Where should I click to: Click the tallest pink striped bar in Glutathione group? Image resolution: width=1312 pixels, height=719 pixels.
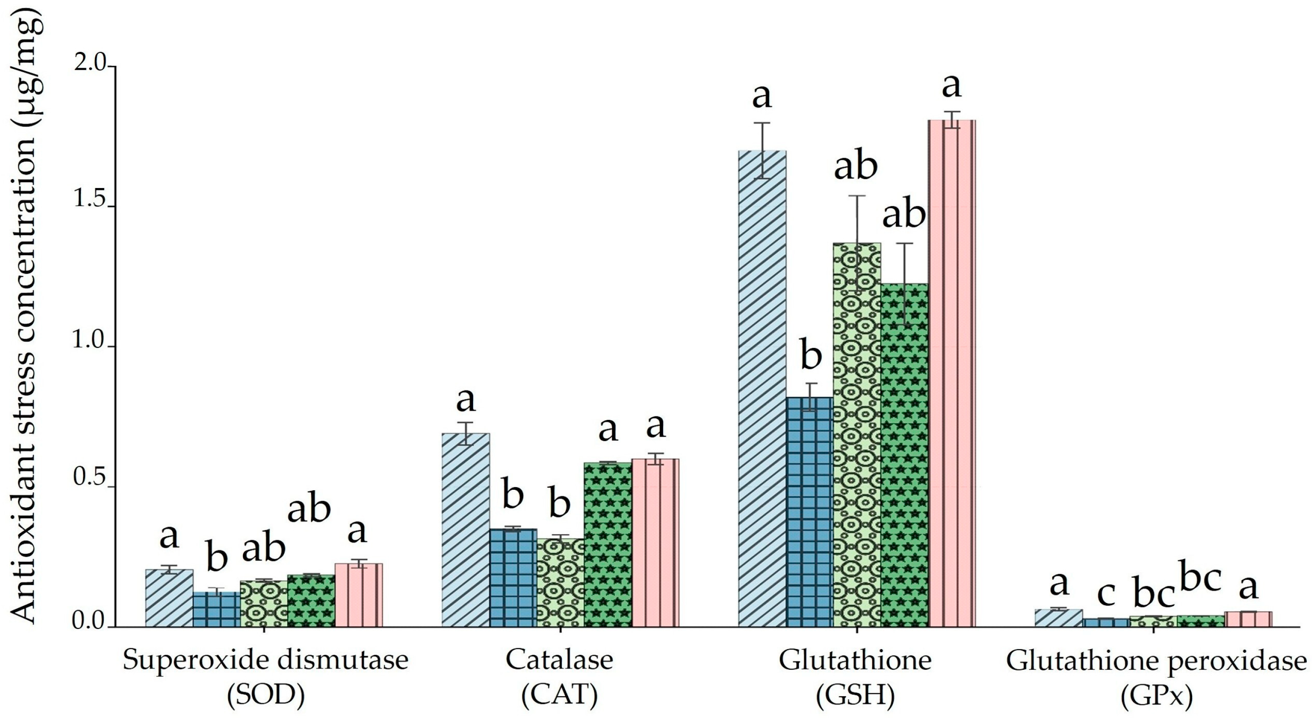pyautogui.click(x=951, y=372)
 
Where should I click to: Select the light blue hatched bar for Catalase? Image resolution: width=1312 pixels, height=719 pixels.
pyautogui.click(x=465, y=530)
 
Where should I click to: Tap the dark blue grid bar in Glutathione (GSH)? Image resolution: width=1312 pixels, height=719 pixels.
pyautogui.click(x=810, y=512)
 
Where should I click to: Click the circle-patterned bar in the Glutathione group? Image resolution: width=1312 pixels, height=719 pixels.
pyautogui.click(x=857, y=433)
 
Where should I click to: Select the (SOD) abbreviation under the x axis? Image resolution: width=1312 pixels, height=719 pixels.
pyautogui.click(x=265, y=696)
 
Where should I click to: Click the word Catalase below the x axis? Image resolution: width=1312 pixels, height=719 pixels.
pyautogui.click(x=559, y=660)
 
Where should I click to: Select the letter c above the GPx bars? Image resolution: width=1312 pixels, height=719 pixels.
pyautogui.click(x=1106, y=593)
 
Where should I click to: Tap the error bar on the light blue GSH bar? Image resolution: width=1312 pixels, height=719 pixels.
pyautogui.click(x=762, y=150)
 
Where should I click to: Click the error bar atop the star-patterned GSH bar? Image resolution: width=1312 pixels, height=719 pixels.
pyautogui.click(x=905, y=283)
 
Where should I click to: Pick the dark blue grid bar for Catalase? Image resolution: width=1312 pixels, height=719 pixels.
pyautogui.click(x=513, y=578)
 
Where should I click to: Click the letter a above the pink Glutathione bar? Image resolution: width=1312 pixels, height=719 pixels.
pyautogui.click(x=951, y=85)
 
